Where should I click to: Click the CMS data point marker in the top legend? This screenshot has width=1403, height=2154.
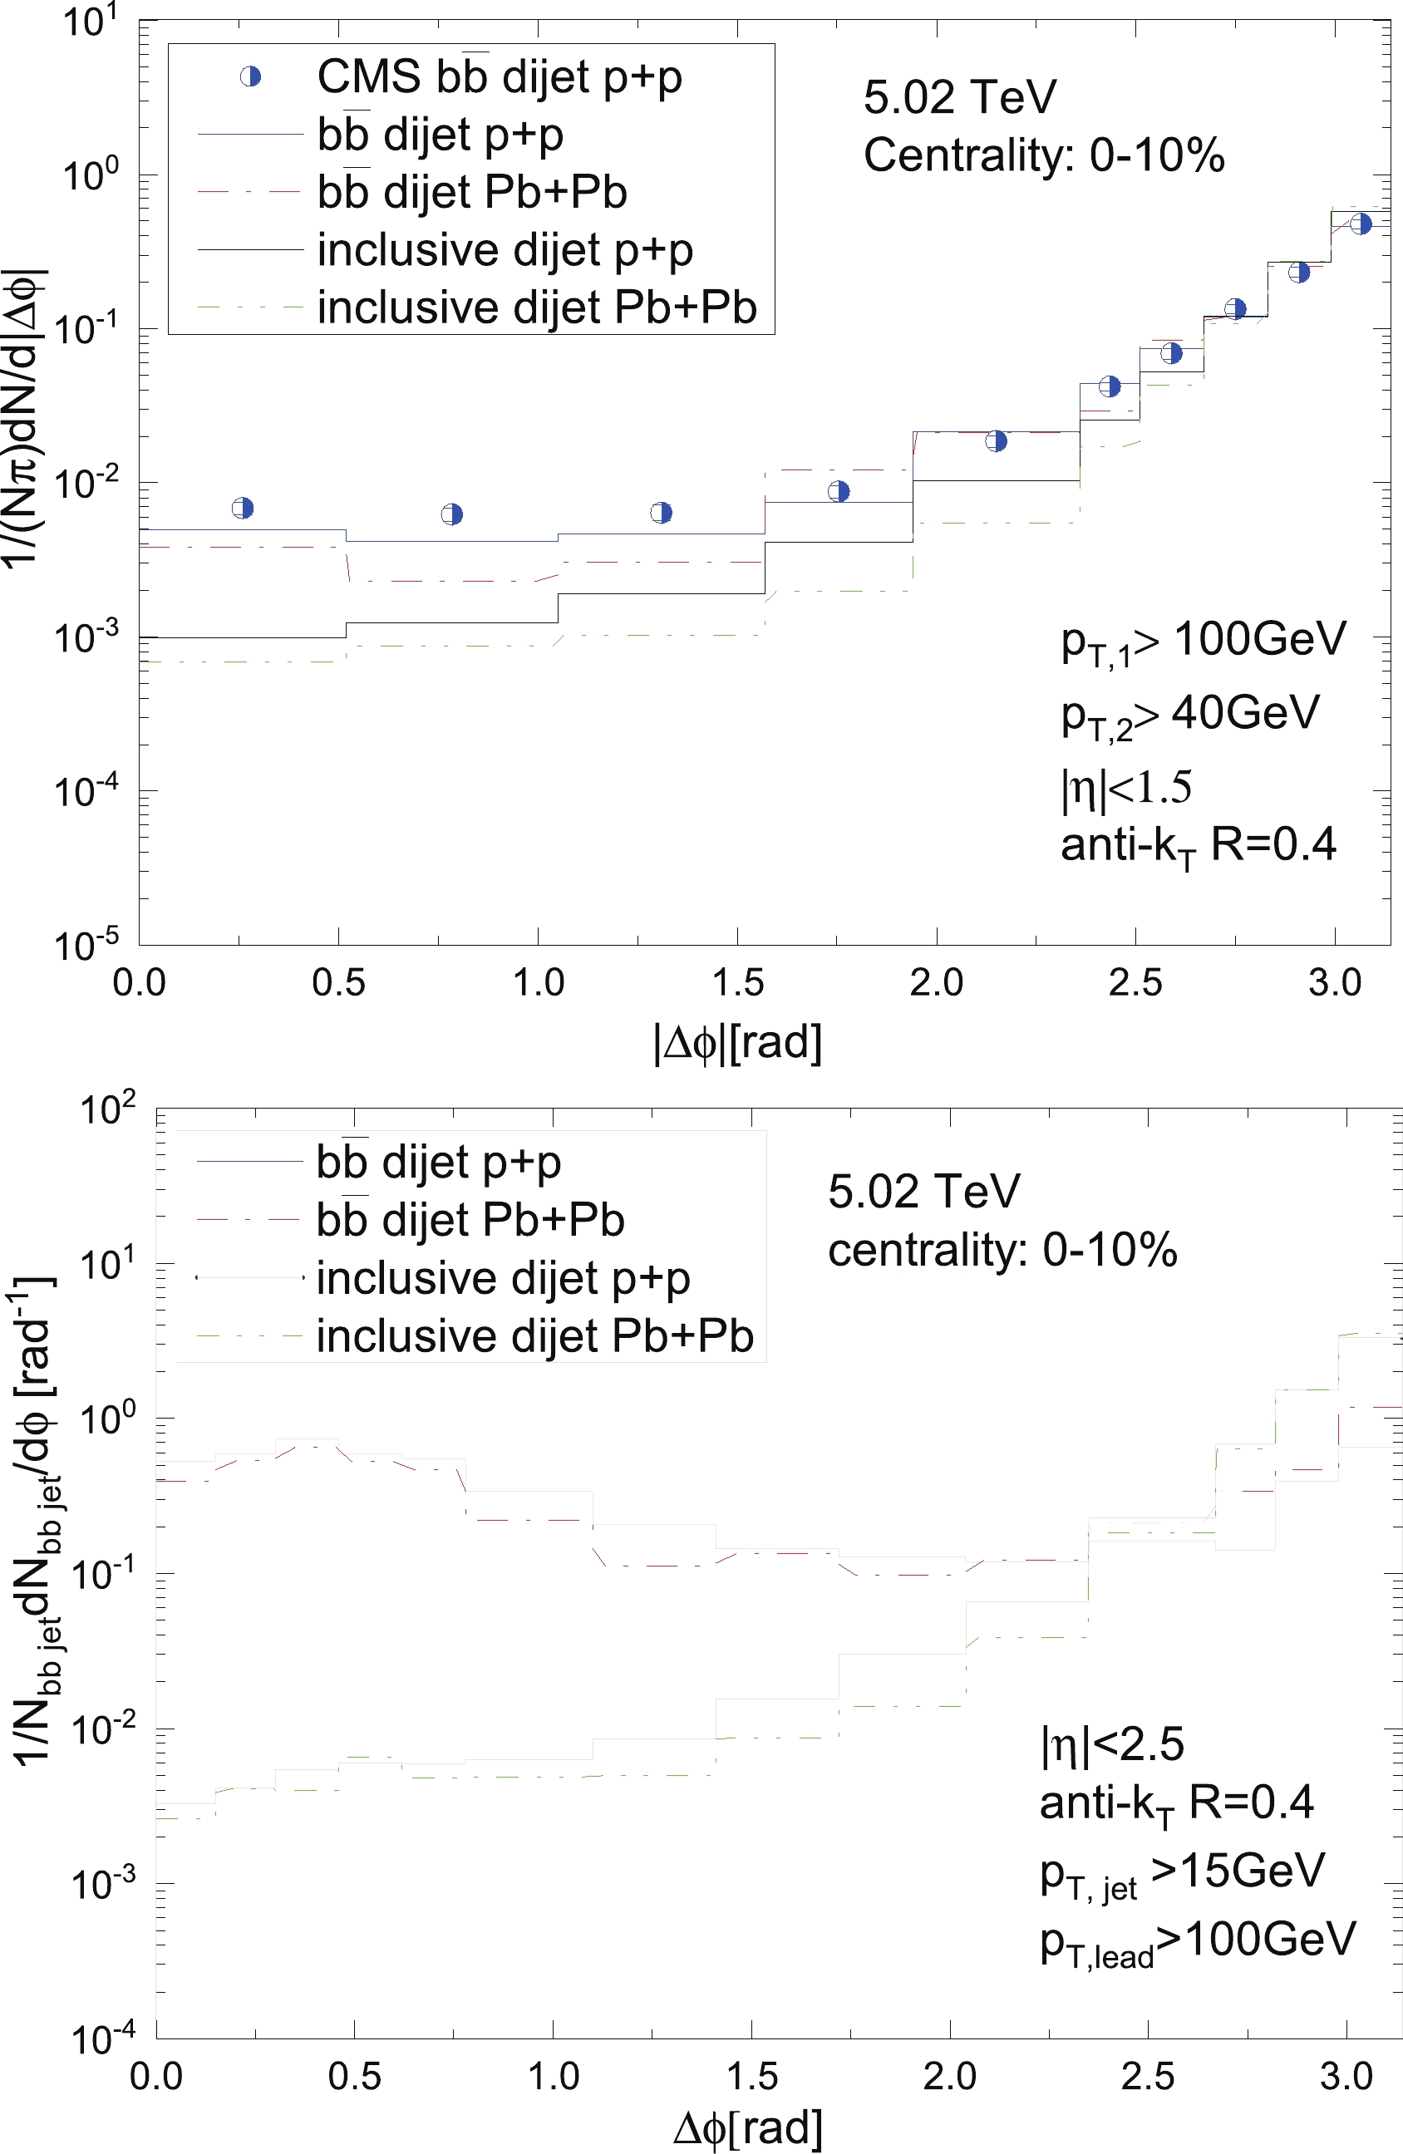coord(250,77)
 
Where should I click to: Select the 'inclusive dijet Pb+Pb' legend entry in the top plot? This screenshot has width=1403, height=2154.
coord(536,307)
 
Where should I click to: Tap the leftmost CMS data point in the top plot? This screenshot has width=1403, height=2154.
coord(243,508)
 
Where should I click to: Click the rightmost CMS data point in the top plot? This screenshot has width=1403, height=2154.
coord(1361,224)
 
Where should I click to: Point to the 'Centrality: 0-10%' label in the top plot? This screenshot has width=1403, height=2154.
coord(1044,155)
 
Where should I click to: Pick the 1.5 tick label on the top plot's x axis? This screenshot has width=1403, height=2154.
coord(738,982)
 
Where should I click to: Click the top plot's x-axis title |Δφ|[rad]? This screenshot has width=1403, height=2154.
coord(738,1043)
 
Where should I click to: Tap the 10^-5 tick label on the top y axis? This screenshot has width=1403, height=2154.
coord(86,945)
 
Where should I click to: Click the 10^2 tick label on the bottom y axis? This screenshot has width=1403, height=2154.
coord(107,1109)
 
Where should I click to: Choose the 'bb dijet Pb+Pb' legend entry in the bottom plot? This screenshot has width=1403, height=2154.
coord(470,1220)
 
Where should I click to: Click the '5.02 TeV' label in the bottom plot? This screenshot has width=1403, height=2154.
coord(923,1191)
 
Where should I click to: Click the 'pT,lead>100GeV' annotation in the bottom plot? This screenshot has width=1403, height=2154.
coord(1198,1940)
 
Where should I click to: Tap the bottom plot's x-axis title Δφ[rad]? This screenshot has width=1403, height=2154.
coord(748,2129)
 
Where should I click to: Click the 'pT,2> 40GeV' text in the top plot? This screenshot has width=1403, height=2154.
coord(1189,715)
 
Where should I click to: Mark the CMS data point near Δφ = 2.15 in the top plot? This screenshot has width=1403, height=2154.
coord(996,440)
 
